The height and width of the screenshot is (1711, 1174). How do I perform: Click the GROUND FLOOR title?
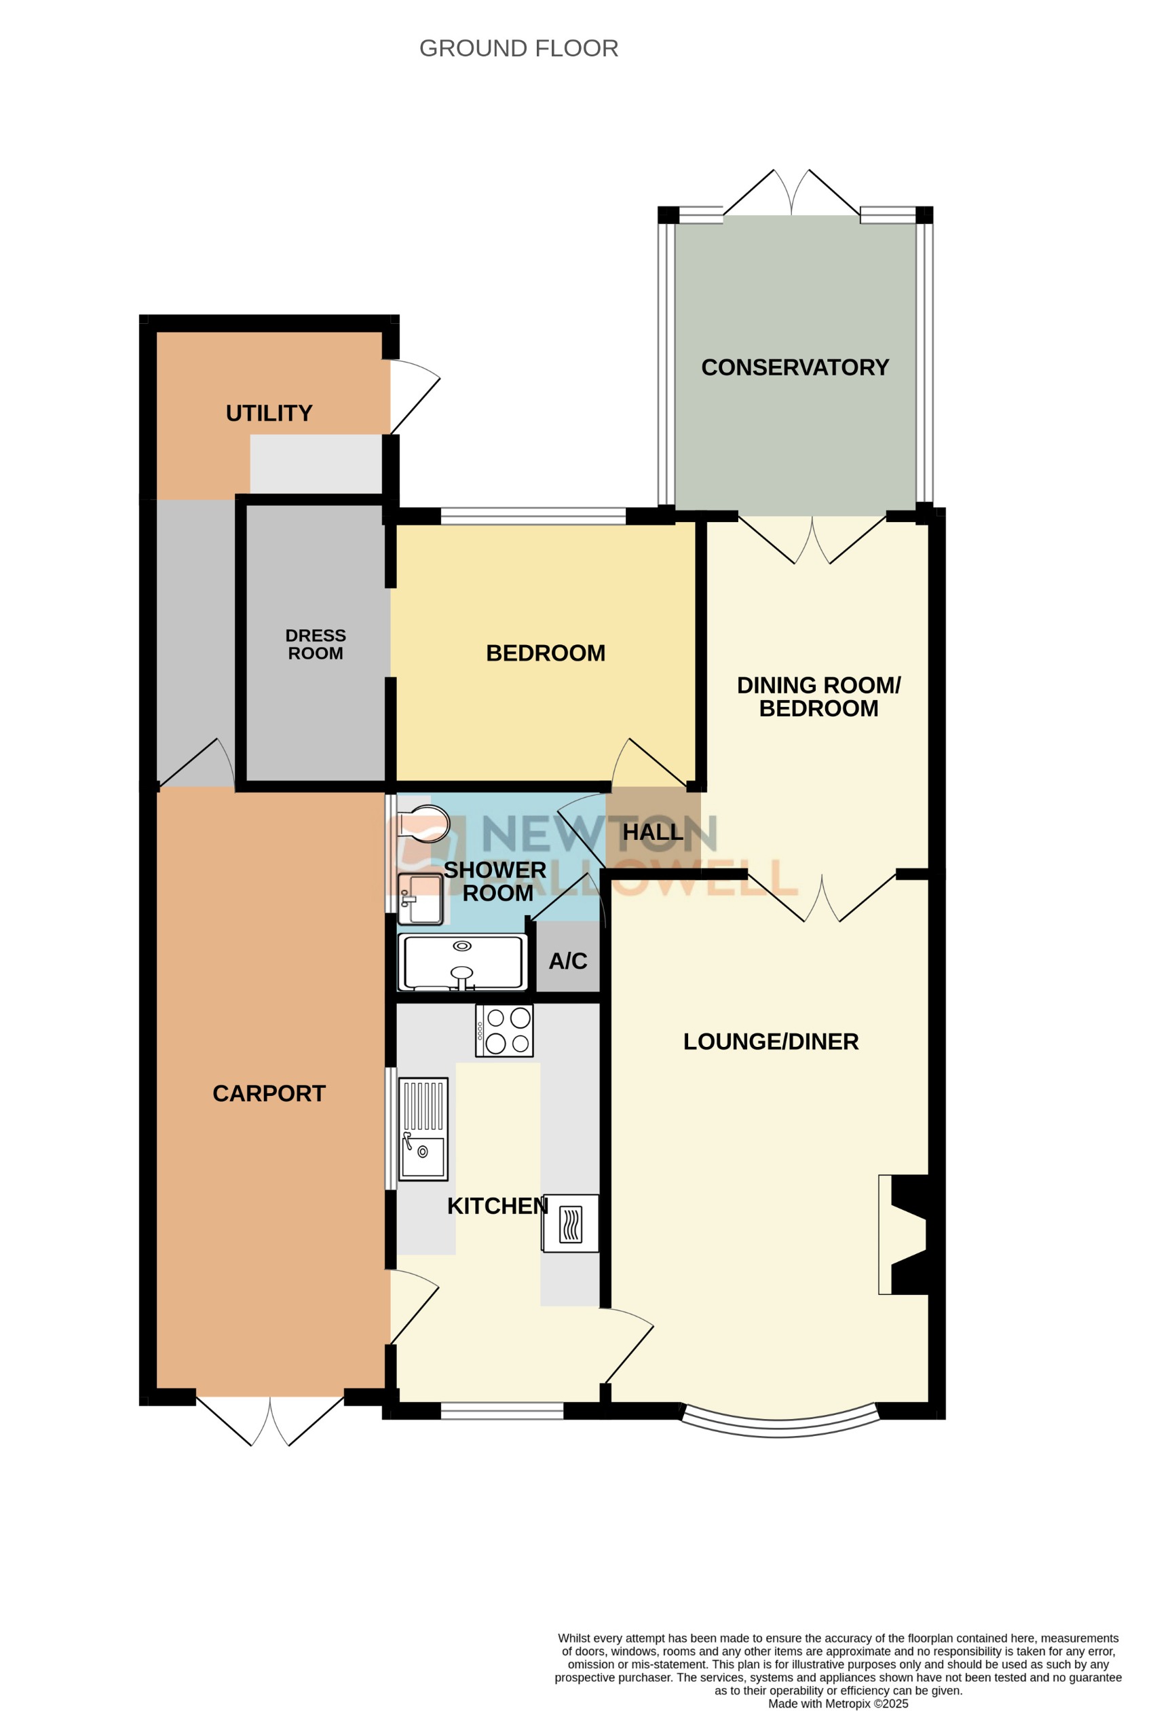coord(518,49)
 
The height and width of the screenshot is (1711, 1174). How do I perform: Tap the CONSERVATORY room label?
coord(794,367)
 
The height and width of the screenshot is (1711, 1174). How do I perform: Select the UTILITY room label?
coord(269,413)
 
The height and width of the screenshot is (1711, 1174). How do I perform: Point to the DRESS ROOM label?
coord(315,644)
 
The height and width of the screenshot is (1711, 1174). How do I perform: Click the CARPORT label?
coord(269,1093)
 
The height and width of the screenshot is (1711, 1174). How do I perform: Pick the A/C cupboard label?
coord(567,961)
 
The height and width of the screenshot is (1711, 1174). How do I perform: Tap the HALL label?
coord(653,832)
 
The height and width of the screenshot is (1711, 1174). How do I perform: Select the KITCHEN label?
coord(497,1205)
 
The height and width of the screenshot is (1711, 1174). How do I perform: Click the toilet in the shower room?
coord(423,824)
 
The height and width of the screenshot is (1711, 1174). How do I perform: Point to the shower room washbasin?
coord(420,899)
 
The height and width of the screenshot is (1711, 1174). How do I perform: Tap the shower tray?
coord(462,962)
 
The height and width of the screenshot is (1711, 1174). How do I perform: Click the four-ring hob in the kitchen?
coord(504,1031)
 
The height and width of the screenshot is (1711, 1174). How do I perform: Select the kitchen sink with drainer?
coord(423,1128)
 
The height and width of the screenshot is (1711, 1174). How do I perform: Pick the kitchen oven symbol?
coord(571,1223)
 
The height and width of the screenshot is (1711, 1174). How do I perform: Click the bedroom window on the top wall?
coord(533,516)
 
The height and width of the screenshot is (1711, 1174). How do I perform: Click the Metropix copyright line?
coord(837,1703)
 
